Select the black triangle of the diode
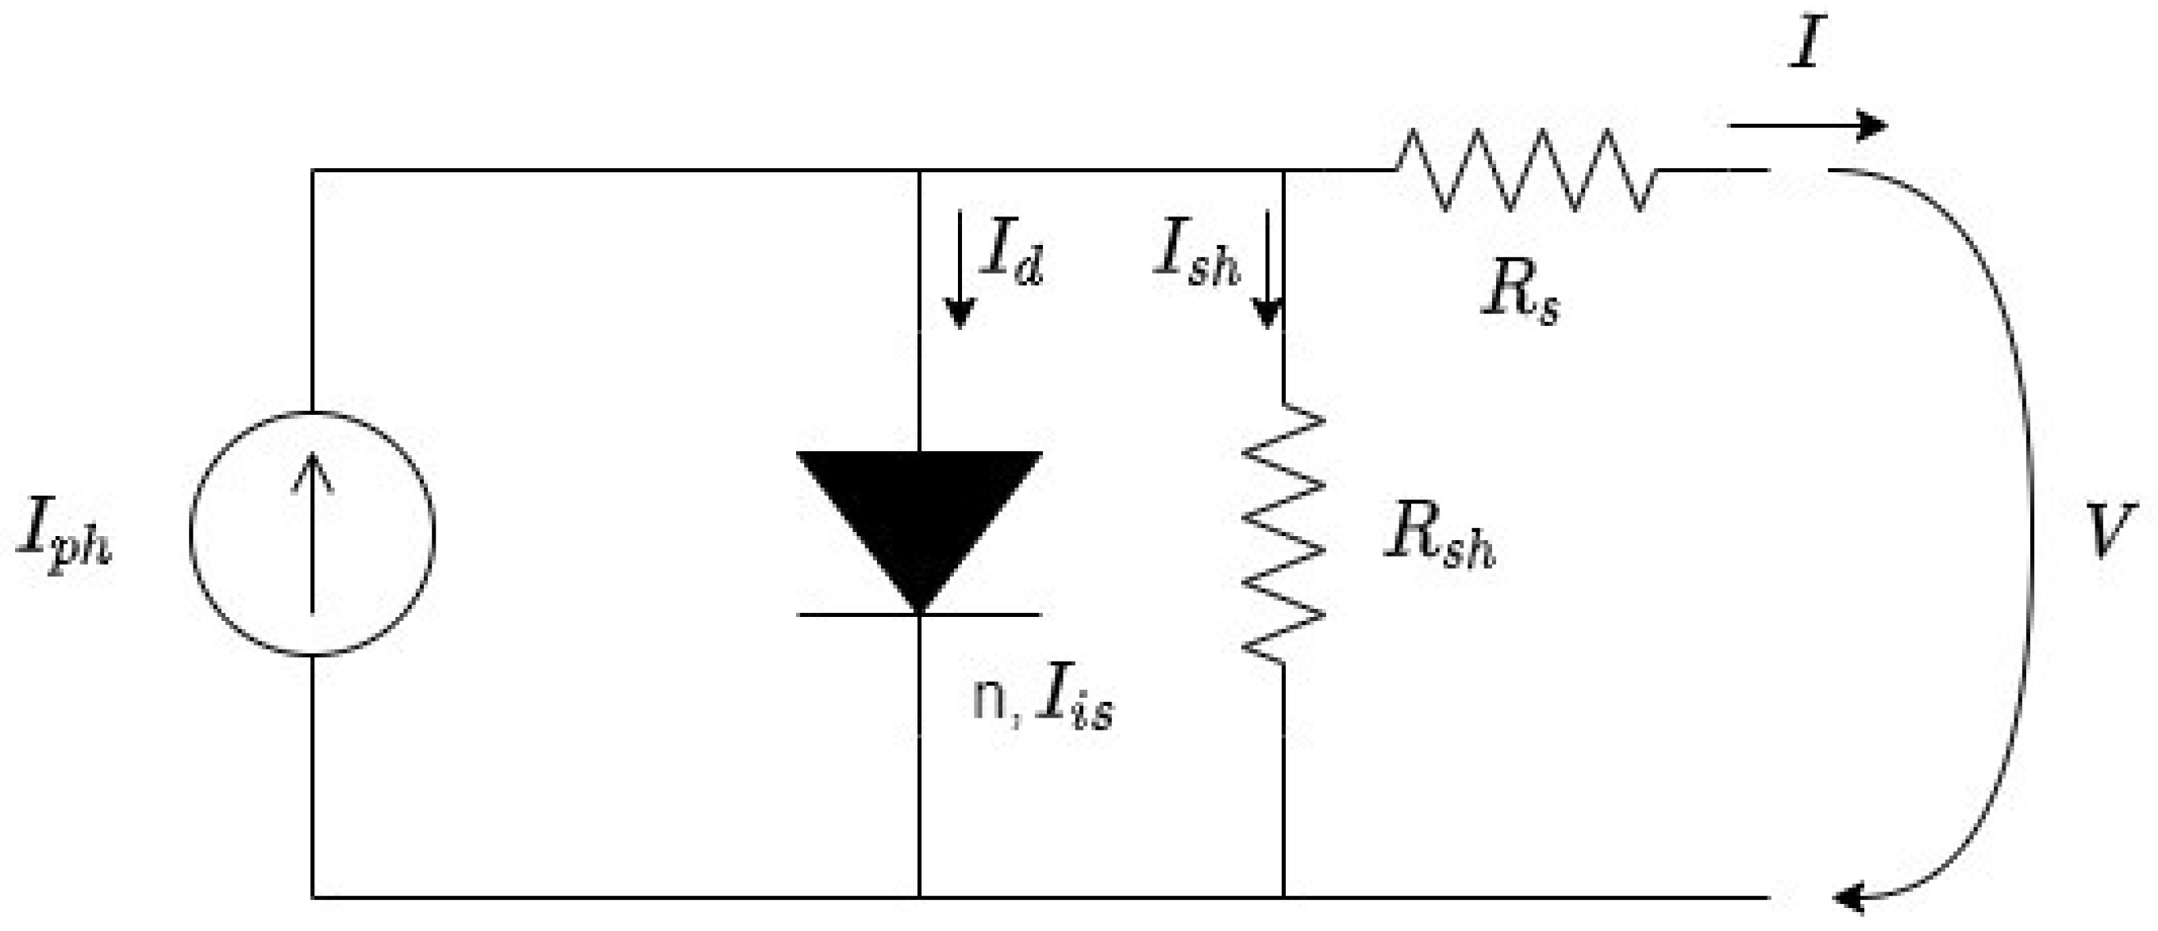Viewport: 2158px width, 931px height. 919,511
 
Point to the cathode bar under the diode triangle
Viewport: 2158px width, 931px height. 919,615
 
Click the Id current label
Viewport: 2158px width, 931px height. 1012,255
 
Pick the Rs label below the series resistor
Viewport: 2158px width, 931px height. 1520,297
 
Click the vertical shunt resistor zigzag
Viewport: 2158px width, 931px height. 1283,532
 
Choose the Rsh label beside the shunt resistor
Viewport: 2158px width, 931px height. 1437,537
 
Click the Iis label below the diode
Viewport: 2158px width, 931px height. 1074,703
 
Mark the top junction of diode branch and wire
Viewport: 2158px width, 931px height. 919,170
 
